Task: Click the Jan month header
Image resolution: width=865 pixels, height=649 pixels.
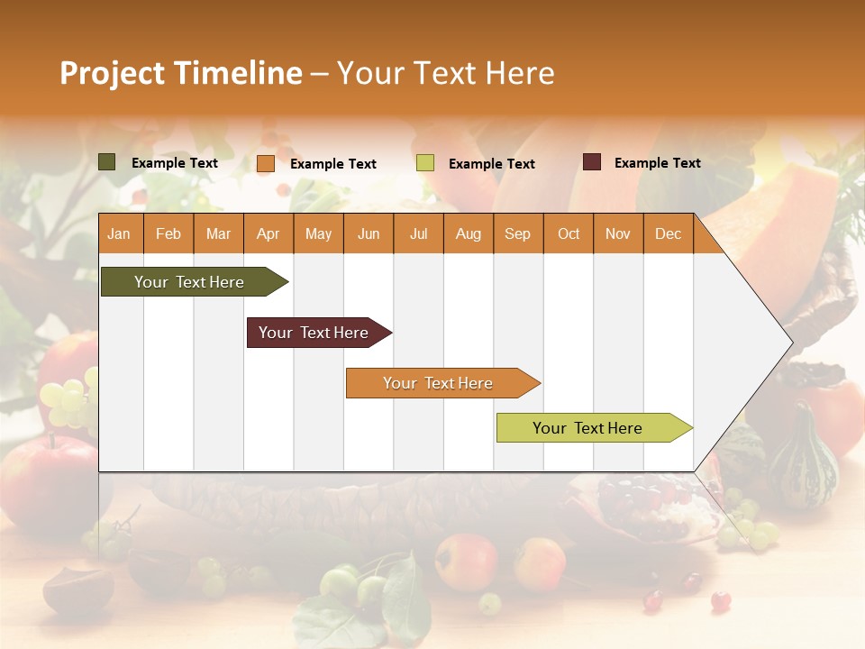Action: coord(119,233)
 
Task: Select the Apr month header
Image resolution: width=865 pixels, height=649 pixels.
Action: coord(268,233)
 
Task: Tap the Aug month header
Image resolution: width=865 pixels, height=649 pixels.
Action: coord(468,233)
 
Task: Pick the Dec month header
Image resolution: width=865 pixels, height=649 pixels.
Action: coord(668,233)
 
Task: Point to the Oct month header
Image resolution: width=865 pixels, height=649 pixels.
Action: coord(568,233)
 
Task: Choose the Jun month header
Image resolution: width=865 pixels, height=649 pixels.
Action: coord(368,233)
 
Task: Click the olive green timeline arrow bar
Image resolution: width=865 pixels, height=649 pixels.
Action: coord(189,282)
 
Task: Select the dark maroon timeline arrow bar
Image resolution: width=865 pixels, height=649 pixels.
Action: coord(314,333)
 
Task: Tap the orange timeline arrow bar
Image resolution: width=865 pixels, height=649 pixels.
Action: coord(438,383)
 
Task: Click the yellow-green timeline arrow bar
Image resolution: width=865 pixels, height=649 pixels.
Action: coord(587,428)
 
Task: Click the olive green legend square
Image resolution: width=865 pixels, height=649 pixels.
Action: coord(107,162)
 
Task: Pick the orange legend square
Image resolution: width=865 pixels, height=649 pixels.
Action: coord(266,163)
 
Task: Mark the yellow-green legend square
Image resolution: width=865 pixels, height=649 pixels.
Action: coord(425,163)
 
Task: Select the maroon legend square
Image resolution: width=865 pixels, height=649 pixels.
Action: coord(592,162)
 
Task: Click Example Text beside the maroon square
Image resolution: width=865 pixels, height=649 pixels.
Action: coord(657,163)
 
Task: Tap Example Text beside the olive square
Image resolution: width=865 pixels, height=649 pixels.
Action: coord(174,163)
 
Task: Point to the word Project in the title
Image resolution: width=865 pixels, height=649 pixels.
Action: coord(111,73)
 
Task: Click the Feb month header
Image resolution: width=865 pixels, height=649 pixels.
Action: coord(168,233)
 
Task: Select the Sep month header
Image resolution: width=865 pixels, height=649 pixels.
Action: coord(517,233)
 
